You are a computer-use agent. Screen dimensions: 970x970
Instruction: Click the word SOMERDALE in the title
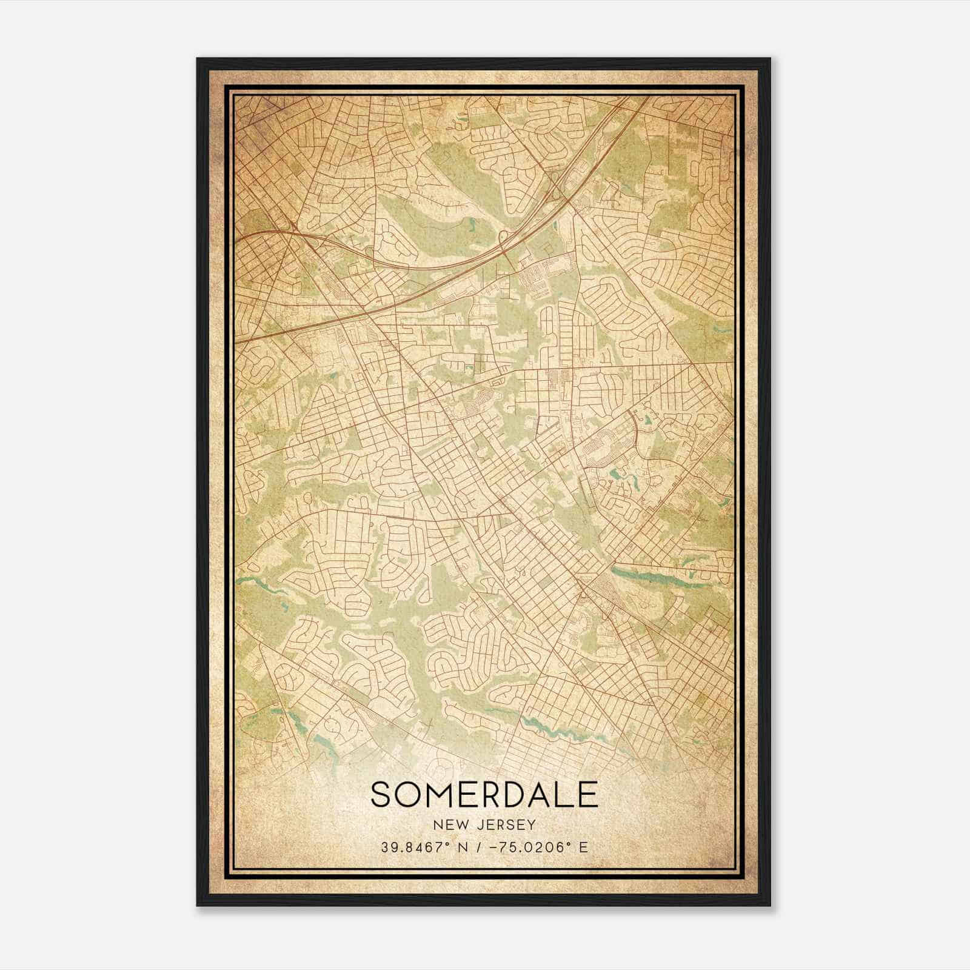point(484,795)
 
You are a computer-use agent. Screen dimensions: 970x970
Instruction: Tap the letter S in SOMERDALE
point(383,795)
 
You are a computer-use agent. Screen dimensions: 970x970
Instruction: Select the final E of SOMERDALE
point(587,795)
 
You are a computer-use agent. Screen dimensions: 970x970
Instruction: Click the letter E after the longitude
point(583,847)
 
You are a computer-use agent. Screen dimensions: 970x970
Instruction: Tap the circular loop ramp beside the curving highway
point(503,236)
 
